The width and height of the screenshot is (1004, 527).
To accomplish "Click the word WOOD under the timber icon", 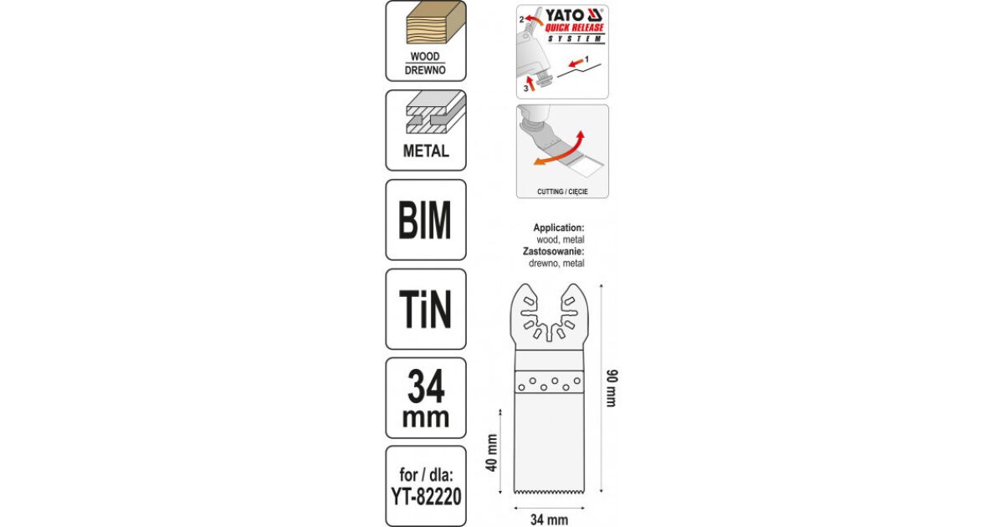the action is tap(425, 57).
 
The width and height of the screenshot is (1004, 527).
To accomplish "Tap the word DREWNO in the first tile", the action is tap(425, 70).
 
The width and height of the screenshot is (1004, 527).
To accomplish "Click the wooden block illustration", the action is tap(436, 23).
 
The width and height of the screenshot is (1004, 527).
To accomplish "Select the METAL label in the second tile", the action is tap(426, 151).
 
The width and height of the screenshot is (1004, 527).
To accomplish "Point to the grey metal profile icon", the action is tap(436, 112).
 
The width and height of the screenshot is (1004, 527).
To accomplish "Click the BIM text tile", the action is tap(425, 220).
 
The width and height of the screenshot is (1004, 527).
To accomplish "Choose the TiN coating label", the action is tap(425, 310).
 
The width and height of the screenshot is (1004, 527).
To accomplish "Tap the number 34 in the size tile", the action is tap(426, 386).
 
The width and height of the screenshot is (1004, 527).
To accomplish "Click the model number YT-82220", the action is tap(426, 496).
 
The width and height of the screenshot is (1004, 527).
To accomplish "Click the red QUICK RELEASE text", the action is tap(574, 28).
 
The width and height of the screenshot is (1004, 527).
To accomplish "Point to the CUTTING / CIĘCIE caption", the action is tap(562, 192).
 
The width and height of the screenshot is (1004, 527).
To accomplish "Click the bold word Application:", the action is tap(559, 228).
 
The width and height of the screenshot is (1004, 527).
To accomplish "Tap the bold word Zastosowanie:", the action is tap(554, 251).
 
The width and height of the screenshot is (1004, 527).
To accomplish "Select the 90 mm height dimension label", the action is tap(612, 388).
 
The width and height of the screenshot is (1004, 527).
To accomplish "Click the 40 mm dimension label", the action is tap(492, 453).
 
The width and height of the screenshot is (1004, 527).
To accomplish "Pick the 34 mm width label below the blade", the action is tap(549, 519).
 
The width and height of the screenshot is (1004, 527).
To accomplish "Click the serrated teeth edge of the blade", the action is tap(549, 492).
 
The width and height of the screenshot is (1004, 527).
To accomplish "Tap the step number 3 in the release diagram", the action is tap(525, 89).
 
